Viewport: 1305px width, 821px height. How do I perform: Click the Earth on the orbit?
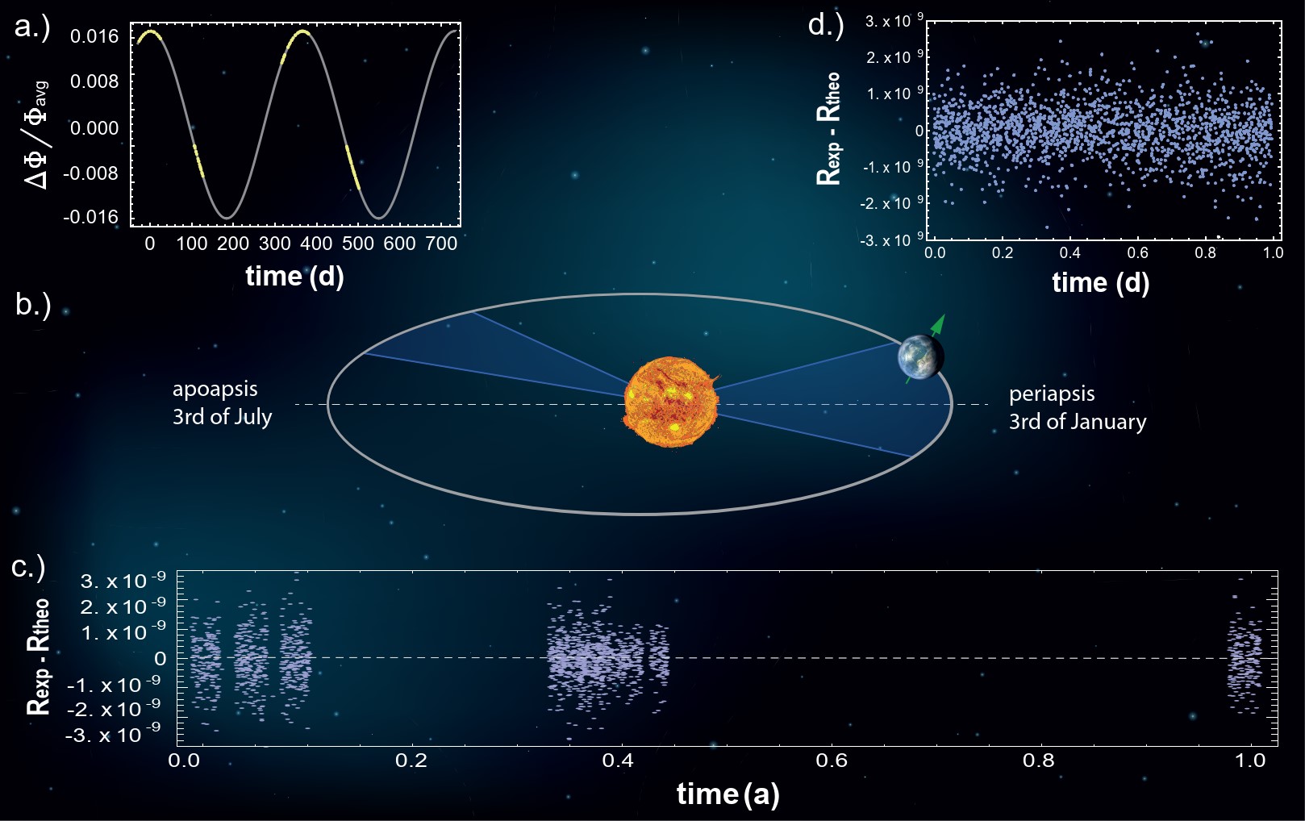click(x=920, y=356)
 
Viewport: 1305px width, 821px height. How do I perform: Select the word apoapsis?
click(x=215, y=390)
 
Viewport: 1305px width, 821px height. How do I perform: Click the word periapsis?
click(x=1052, y=394)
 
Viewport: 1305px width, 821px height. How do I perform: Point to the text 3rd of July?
click(x=222, y=417)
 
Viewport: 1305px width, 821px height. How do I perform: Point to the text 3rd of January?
click(x=1078, y=421)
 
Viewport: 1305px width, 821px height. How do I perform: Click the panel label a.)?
click(x=32, y=27)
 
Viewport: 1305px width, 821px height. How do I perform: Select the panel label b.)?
click(x=32, y=304)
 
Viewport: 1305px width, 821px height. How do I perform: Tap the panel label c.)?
click(x=28, y=567)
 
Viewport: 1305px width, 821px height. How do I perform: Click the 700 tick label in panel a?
click(x=441, y=244)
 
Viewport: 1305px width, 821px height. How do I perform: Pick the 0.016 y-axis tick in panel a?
click(x=94, y=36)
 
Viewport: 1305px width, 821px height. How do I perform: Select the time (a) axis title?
click(x=728, y=794)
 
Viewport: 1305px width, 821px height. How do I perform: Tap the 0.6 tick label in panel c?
click(x=832, y=761)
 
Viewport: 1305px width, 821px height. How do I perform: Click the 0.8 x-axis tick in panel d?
click(x=1205, y=253)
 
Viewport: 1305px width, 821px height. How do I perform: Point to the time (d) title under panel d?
click(x=1100, y=282)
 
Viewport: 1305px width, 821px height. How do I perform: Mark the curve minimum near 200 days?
click(x=227, y=218)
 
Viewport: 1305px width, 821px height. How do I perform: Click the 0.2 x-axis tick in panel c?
click(x=412, y=761)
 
